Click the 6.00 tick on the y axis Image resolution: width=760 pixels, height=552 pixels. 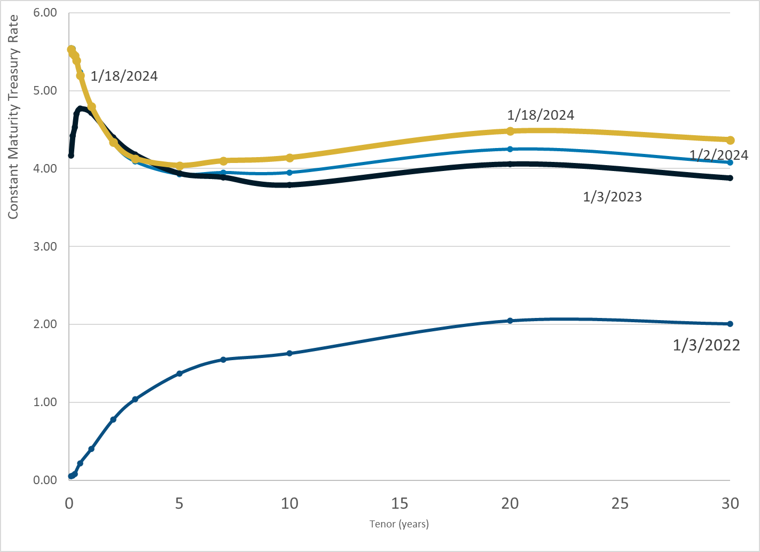tap(45, 12)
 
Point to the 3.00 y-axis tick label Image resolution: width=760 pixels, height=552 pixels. tap(45, 246)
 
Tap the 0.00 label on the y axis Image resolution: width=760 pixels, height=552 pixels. tap(45, 480)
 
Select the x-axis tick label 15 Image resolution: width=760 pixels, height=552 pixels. tap(399, 503)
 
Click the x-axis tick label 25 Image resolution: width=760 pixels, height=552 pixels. tap(620, 503)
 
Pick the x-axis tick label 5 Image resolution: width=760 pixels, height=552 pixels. tap(179, 503)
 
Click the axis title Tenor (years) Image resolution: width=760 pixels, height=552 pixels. tap(399, 524)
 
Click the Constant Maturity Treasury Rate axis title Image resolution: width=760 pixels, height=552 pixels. tap(13, 116)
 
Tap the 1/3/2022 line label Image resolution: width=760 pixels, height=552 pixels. tap(706, 345)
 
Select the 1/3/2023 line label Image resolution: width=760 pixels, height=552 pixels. tap(612, 197)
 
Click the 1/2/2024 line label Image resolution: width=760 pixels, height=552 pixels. tap(719, 155)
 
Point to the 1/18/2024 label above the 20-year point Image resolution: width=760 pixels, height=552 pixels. tap(540, 115)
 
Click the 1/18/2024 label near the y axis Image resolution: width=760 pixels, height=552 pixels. tap(124, 76)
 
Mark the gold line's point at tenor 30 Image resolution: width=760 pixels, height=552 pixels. tap(730, 140)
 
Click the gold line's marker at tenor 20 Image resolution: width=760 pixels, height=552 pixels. tap(510, 131)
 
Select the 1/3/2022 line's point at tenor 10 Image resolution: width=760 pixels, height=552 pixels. tap(289, 353)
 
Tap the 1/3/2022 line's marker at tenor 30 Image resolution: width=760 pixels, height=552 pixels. tap(730, 324)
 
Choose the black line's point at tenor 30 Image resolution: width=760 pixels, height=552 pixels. tap(730, 178)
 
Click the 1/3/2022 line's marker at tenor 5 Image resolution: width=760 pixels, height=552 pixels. tap(179, 374)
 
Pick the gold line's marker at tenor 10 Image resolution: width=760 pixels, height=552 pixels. tap(289, 158)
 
